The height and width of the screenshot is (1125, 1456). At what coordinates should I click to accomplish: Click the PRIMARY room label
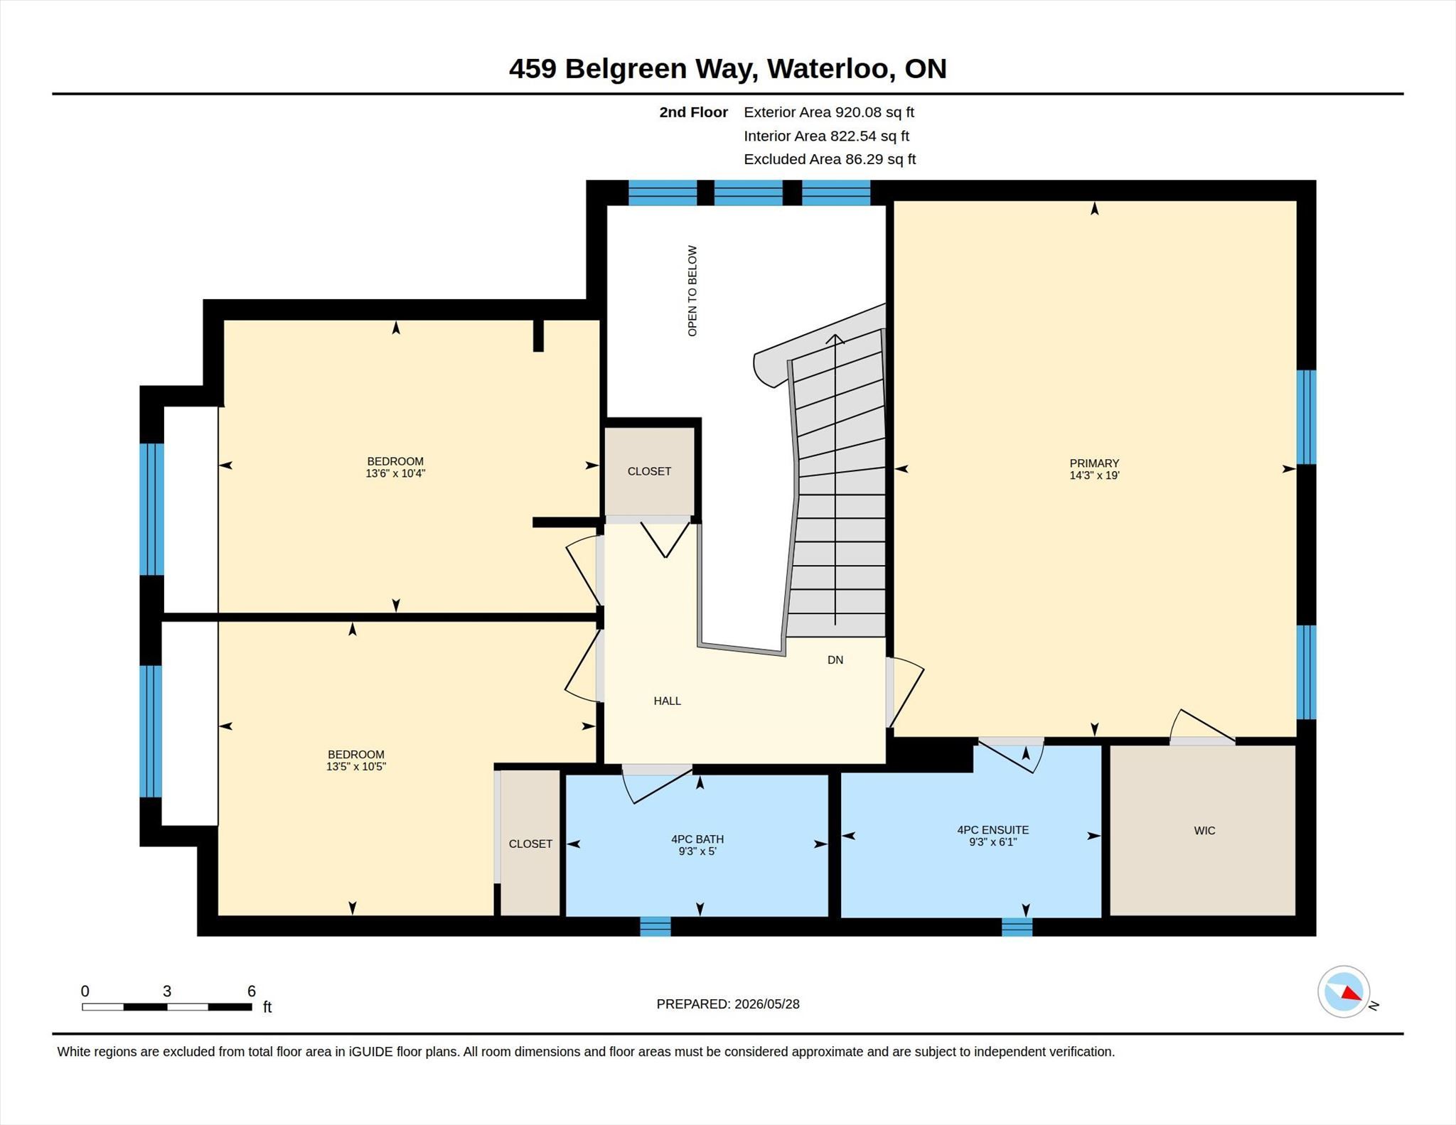click(1094, 463)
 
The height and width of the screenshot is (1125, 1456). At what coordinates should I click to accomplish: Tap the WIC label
click(1204, 830)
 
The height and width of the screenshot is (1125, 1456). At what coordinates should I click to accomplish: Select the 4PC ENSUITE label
click(992, 829)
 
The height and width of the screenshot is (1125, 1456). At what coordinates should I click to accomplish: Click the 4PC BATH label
click(697, 839)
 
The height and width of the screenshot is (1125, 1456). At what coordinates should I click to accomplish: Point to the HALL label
click(667, 701)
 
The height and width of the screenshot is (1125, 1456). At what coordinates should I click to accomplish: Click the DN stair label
click(835, 660)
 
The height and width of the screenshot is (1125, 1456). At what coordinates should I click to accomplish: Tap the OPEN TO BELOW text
click(692, 291)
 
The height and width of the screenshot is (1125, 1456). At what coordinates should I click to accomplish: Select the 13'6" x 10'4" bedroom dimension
click(395, 473)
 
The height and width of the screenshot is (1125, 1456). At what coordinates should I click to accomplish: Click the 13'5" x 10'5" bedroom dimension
click(355, 766)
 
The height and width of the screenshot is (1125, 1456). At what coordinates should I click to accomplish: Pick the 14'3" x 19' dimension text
click(1094, 475)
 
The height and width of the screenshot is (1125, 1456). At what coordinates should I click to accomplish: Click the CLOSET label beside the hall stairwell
click(649, 471)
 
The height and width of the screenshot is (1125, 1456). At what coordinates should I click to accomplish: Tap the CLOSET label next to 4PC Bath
click(530, 844)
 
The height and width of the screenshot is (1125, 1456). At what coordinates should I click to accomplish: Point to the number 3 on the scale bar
click(167, 991)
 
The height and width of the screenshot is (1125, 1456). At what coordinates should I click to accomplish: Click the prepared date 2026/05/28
click(767, 1004)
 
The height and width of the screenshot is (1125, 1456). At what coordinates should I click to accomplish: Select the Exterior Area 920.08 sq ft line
click(829, 112)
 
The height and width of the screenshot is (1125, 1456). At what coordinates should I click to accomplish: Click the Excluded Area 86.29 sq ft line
click(830, 159)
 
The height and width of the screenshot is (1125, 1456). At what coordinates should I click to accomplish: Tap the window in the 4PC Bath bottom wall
click(655, 926)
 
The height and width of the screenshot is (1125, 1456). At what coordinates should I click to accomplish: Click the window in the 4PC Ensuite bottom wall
click(1017, 927)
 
